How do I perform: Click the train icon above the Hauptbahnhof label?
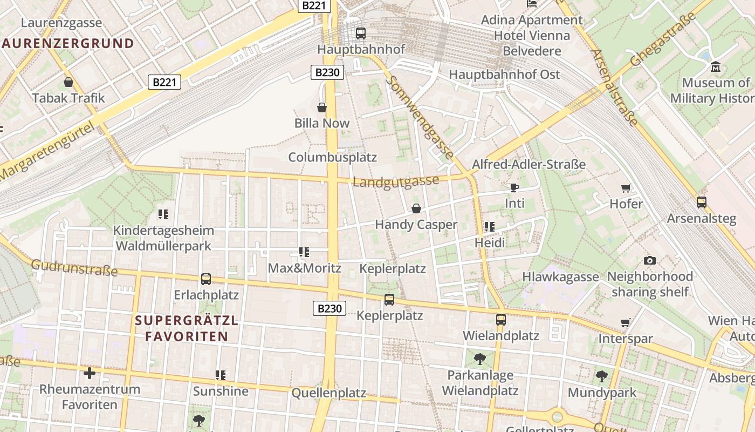pos(361,33)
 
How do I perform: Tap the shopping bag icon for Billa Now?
pos(322,107)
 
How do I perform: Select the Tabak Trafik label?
pos(68,98)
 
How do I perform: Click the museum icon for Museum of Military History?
pos(716,67)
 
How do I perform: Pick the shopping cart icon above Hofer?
pos(626,188)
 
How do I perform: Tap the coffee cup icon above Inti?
pos(514,187)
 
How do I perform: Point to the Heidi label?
pos(490,243)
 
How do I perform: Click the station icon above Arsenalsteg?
pos(701,202)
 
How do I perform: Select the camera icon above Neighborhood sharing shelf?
pos(650,261)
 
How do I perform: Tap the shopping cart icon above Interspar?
pos(626,323)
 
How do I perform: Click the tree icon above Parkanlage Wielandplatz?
pos(479,359)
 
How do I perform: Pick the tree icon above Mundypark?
pos(602,376)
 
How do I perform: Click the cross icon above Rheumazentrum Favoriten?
pos(90,373)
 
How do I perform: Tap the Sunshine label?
pos(221,391)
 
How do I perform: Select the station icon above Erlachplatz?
pos(206,279)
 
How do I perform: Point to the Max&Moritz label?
pos(304,268)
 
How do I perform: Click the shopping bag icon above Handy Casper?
pos(416,208)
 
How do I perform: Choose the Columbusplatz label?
pos(332,157)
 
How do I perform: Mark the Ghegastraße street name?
pos(663,39)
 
